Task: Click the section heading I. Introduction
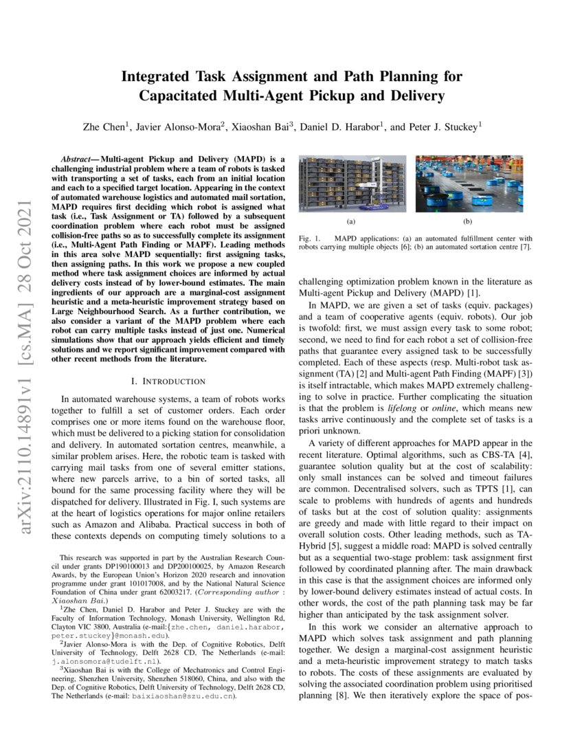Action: click(x=168, y=381)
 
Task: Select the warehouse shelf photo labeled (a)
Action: click(x=351, y=183)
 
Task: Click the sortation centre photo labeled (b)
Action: click(x=469, y=183)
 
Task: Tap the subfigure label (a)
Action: click(x=351, y=222)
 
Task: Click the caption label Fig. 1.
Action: click(x=309, y=238)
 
